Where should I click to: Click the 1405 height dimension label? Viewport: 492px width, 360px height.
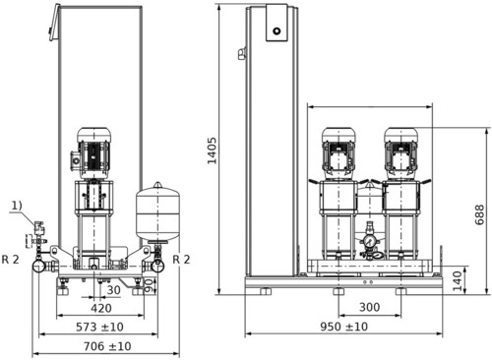(x=213, y=150)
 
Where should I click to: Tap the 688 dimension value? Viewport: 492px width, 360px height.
(x=479, y=214)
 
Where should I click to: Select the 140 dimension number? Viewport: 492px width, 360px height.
(x=458, y=281)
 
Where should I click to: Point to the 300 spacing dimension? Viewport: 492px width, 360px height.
(x=369, y=307)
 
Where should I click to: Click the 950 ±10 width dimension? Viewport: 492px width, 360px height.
(x=343, y=327)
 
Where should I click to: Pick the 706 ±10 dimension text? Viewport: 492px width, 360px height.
(x=107, y=346)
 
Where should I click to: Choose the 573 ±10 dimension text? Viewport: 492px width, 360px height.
(x=99, y=327)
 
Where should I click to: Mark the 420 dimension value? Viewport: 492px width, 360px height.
(x=101, y=308)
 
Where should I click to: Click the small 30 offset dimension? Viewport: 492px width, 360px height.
(x=113, y=290)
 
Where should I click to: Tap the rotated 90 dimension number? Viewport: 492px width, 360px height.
(x=150, y=285)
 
